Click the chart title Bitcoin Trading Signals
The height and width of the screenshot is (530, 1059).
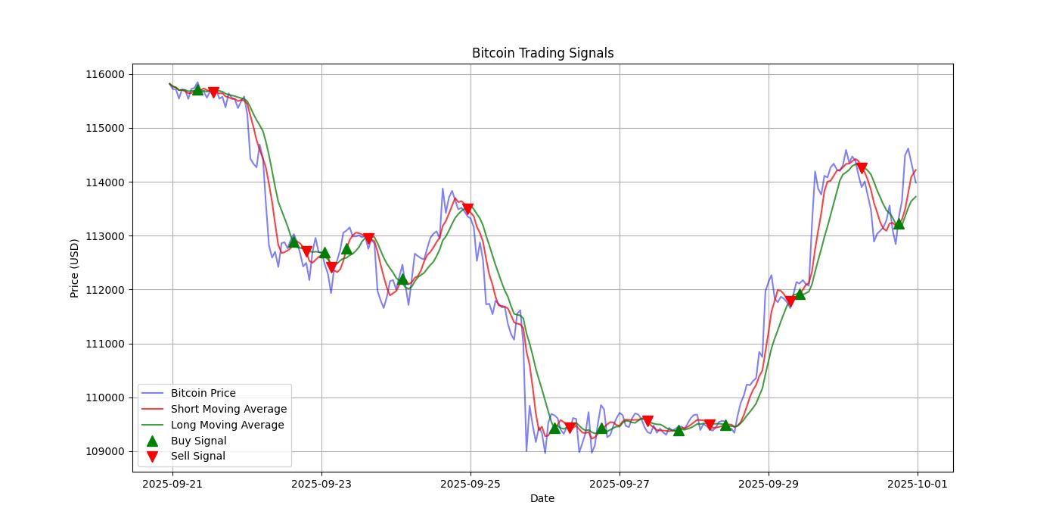click(542, 53)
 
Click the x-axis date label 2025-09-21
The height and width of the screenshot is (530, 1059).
click(172, 483)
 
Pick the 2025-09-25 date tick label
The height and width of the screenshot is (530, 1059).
click(470, 483)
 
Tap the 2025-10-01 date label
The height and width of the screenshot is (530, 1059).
click(918, 483)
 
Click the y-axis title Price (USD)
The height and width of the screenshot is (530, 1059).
click(75, 268)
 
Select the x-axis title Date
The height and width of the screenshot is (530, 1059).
click(542, 498)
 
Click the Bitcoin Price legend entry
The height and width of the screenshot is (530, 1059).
click(203, 394)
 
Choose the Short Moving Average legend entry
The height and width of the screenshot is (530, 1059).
click(228, 410)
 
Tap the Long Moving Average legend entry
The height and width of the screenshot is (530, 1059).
click(227, 425)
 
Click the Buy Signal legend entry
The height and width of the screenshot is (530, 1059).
click(198, 441)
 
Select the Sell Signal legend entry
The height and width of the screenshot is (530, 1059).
click(197, 456)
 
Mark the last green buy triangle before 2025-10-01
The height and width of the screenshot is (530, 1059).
click(899, 223)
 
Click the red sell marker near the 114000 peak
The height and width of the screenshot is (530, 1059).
click(862, 168)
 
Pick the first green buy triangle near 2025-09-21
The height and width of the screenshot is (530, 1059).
click(197, 89)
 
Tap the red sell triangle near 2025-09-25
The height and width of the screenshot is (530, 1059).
click(467, 209)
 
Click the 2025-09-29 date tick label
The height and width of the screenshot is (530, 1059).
click(769, 483)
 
